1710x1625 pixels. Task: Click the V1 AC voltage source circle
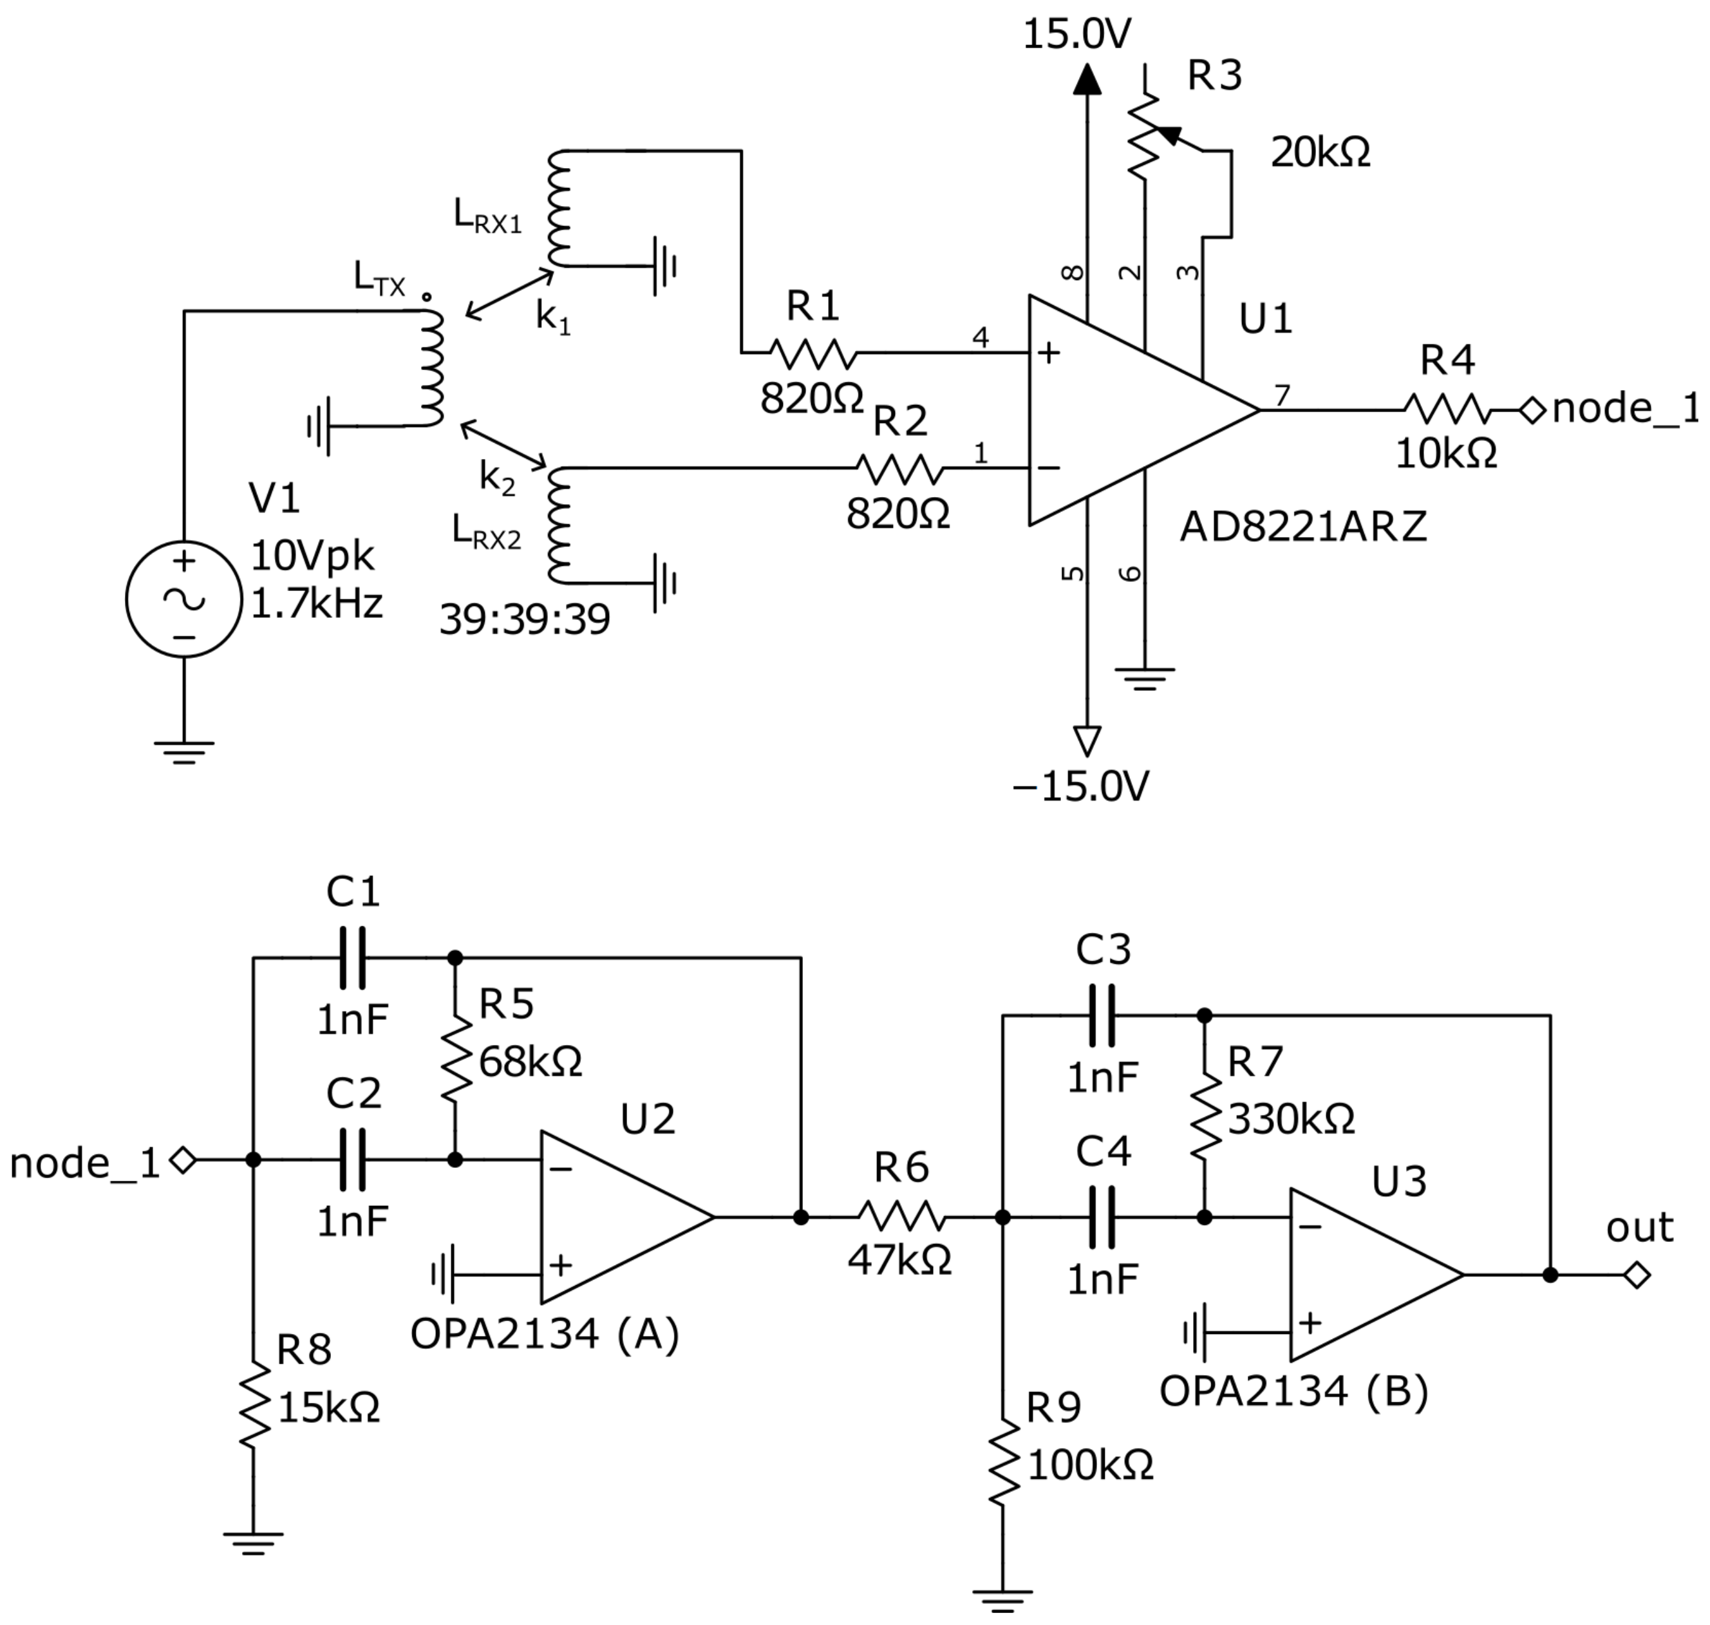pyautogui.click(x=183, y=599)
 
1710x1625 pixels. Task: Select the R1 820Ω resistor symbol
pyautogui.click(x=813, y=353)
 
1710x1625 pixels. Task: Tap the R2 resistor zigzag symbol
pyautogui.click(x=899, y=469)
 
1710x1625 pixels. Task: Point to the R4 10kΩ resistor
pyautogui.click(x=1447, y=409)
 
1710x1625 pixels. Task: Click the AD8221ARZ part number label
pyautogui.click(x=1303, y=527)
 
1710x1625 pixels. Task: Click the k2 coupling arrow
pyautogui.click(x=503, y=444)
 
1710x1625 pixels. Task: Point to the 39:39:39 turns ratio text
pyautogui.click(x=524, y=619)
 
